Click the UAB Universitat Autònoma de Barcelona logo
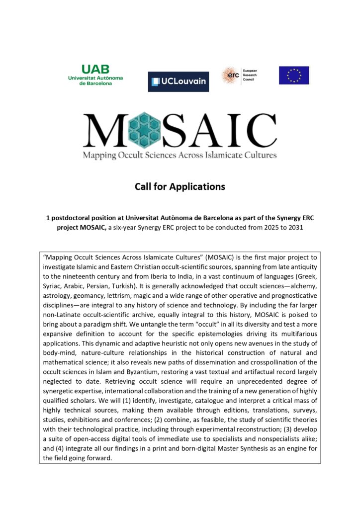click(x=95, y=75)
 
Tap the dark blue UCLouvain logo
click(x=178, y=82)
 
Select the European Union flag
click(x=293, y=76)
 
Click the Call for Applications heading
click(x=180, y=187)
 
